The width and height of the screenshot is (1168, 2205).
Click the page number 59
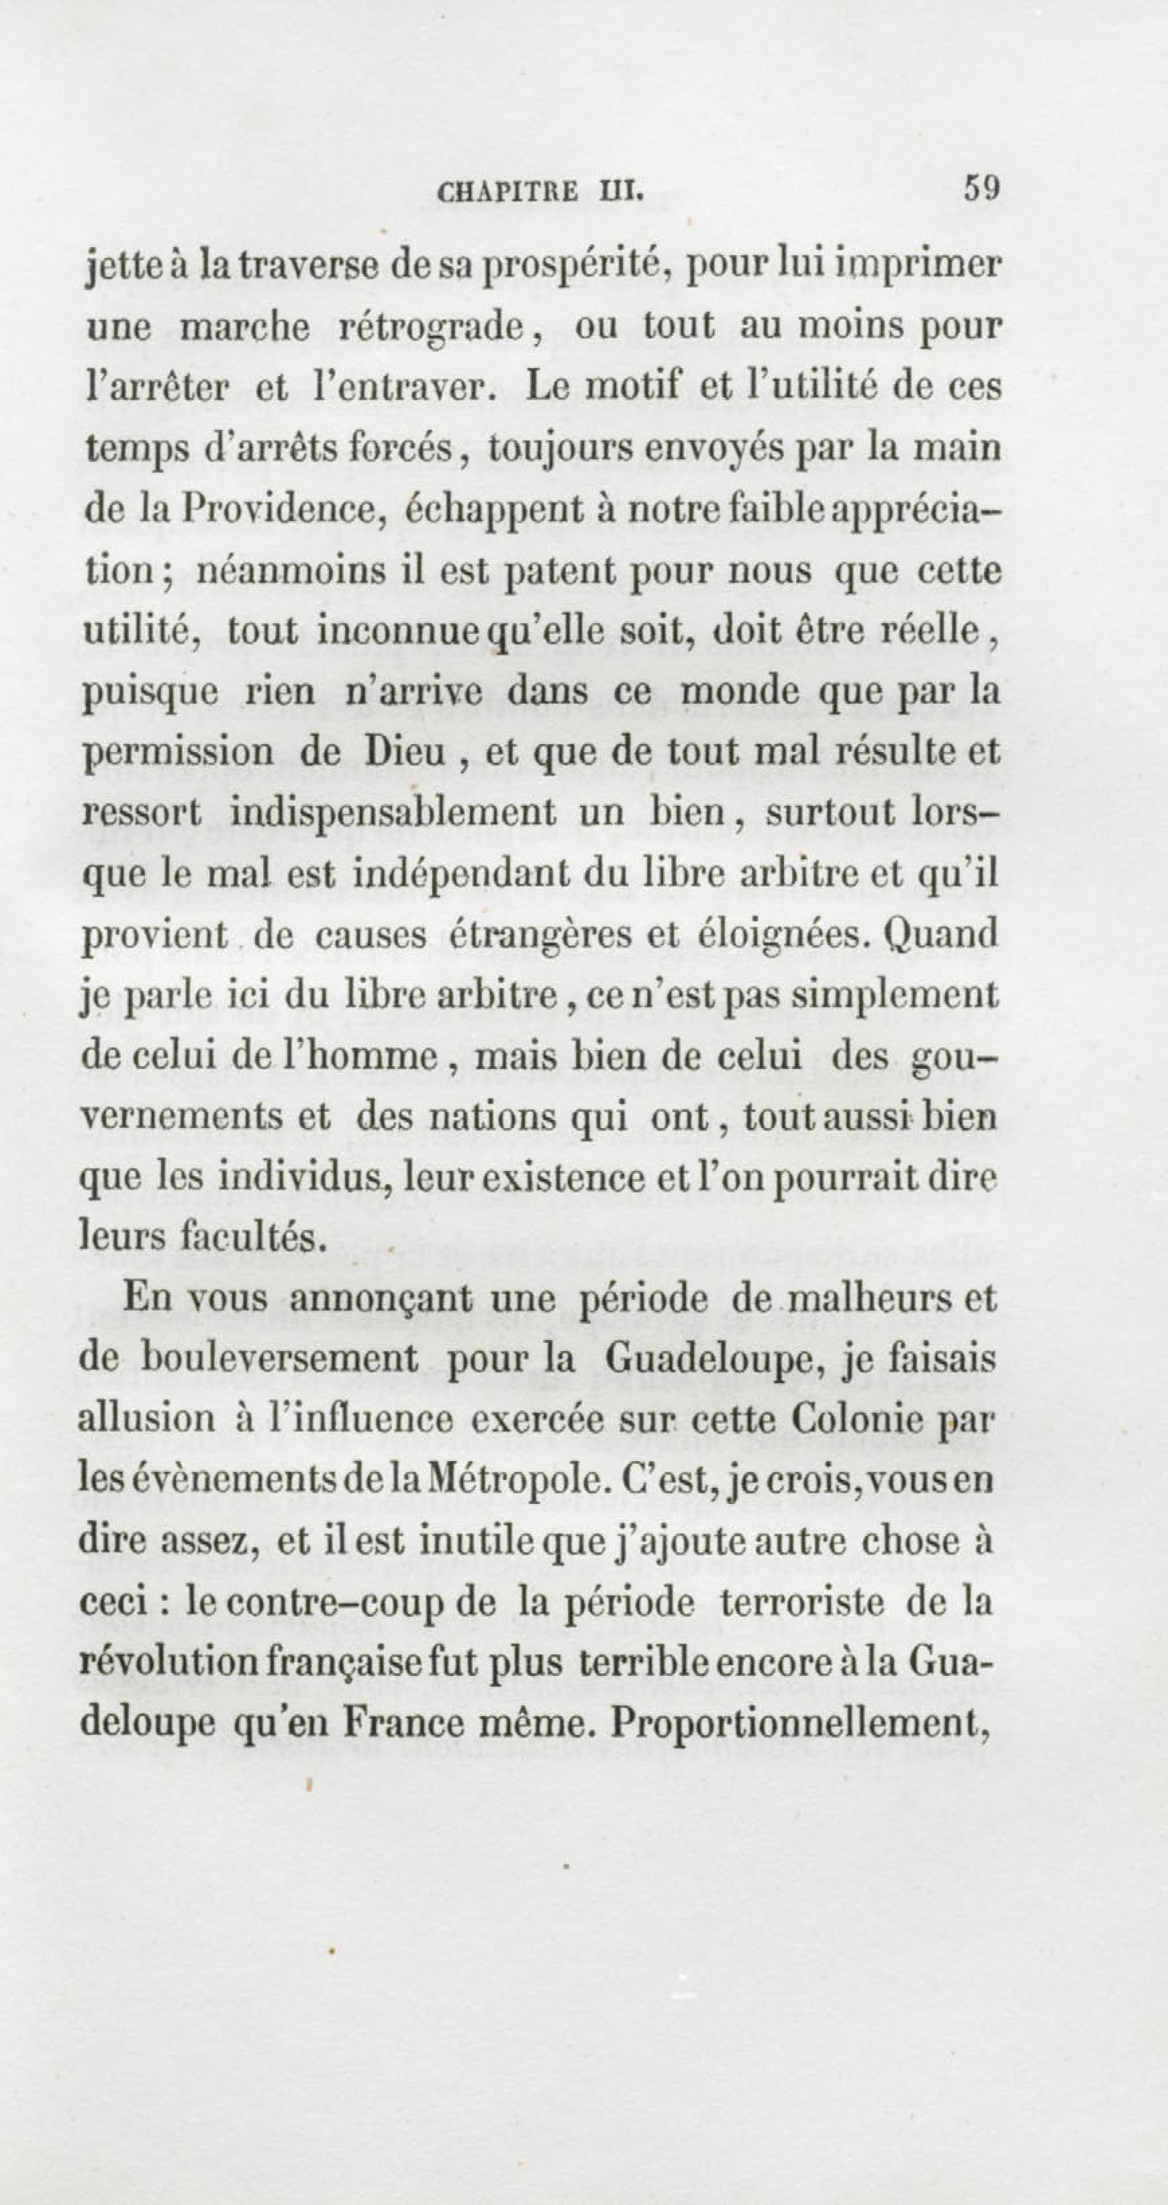point(981,187)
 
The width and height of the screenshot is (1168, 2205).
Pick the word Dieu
point(405,751)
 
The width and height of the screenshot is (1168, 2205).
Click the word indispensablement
point(393,812)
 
